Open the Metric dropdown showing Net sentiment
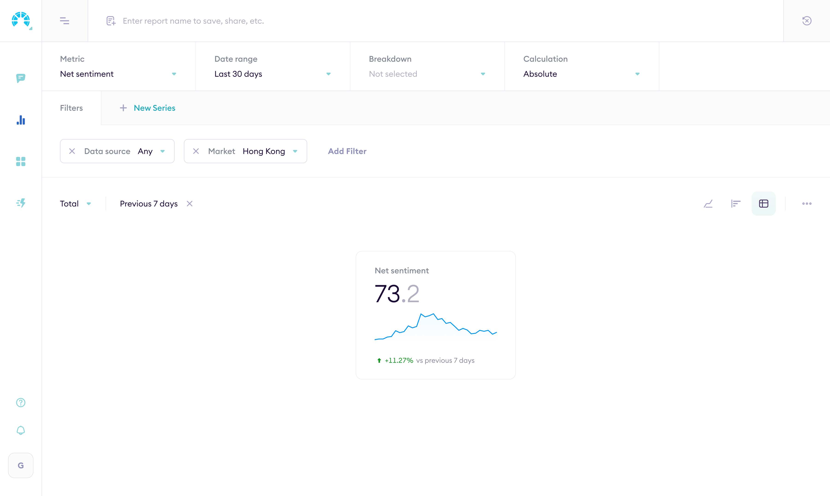118,74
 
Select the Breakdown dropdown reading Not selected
427,74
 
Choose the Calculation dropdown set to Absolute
581,74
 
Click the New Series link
154,108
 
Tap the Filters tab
71,108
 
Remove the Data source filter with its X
72,151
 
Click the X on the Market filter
196,151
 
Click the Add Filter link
347,151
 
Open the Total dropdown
75,203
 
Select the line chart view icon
708,203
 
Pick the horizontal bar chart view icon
736,203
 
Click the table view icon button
764,203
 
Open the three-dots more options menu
807,203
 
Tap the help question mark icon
21,402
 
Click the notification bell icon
21,430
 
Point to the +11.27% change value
399,360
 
